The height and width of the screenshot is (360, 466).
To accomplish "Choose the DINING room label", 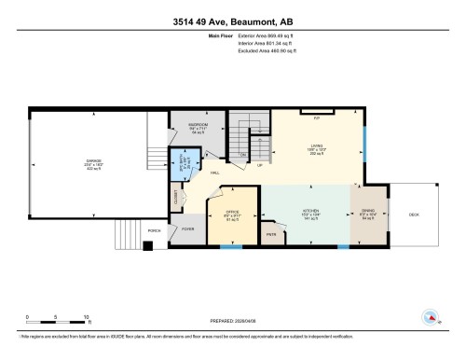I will tap(366, 213).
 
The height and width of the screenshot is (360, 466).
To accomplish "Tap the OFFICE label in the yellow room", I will tap(233, 213).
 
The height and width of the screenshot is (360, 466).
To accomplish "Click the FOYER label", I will tap(187, 228).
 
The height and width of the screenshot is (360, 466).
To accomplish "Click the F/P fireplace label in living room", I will tap(317, 118).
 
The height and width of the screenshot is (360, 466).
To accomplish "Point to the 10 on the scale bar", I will tap(86, 316).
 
